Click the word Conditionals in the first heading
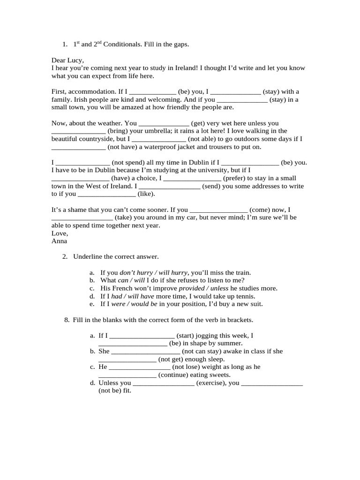pyautogui.click(x=123, y=44)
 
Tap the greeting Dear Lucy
pyautogui.click(x=67, y=60)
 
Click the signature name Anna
pyautogui.click(x=59, y=241)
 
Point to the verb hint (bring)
pyautogui.click(x=121, y=131)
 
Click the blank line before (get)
pyautogui.click(x=164, y=123)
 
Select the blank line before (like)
pyautogui.click(x=106, y=194)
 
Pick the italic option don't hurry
pyautogui.click(x=136, y=272)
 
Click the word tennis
pyautogui.click(x=244, y=296)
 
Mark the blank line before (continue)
pyautogui.click(x=127, y=375)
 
